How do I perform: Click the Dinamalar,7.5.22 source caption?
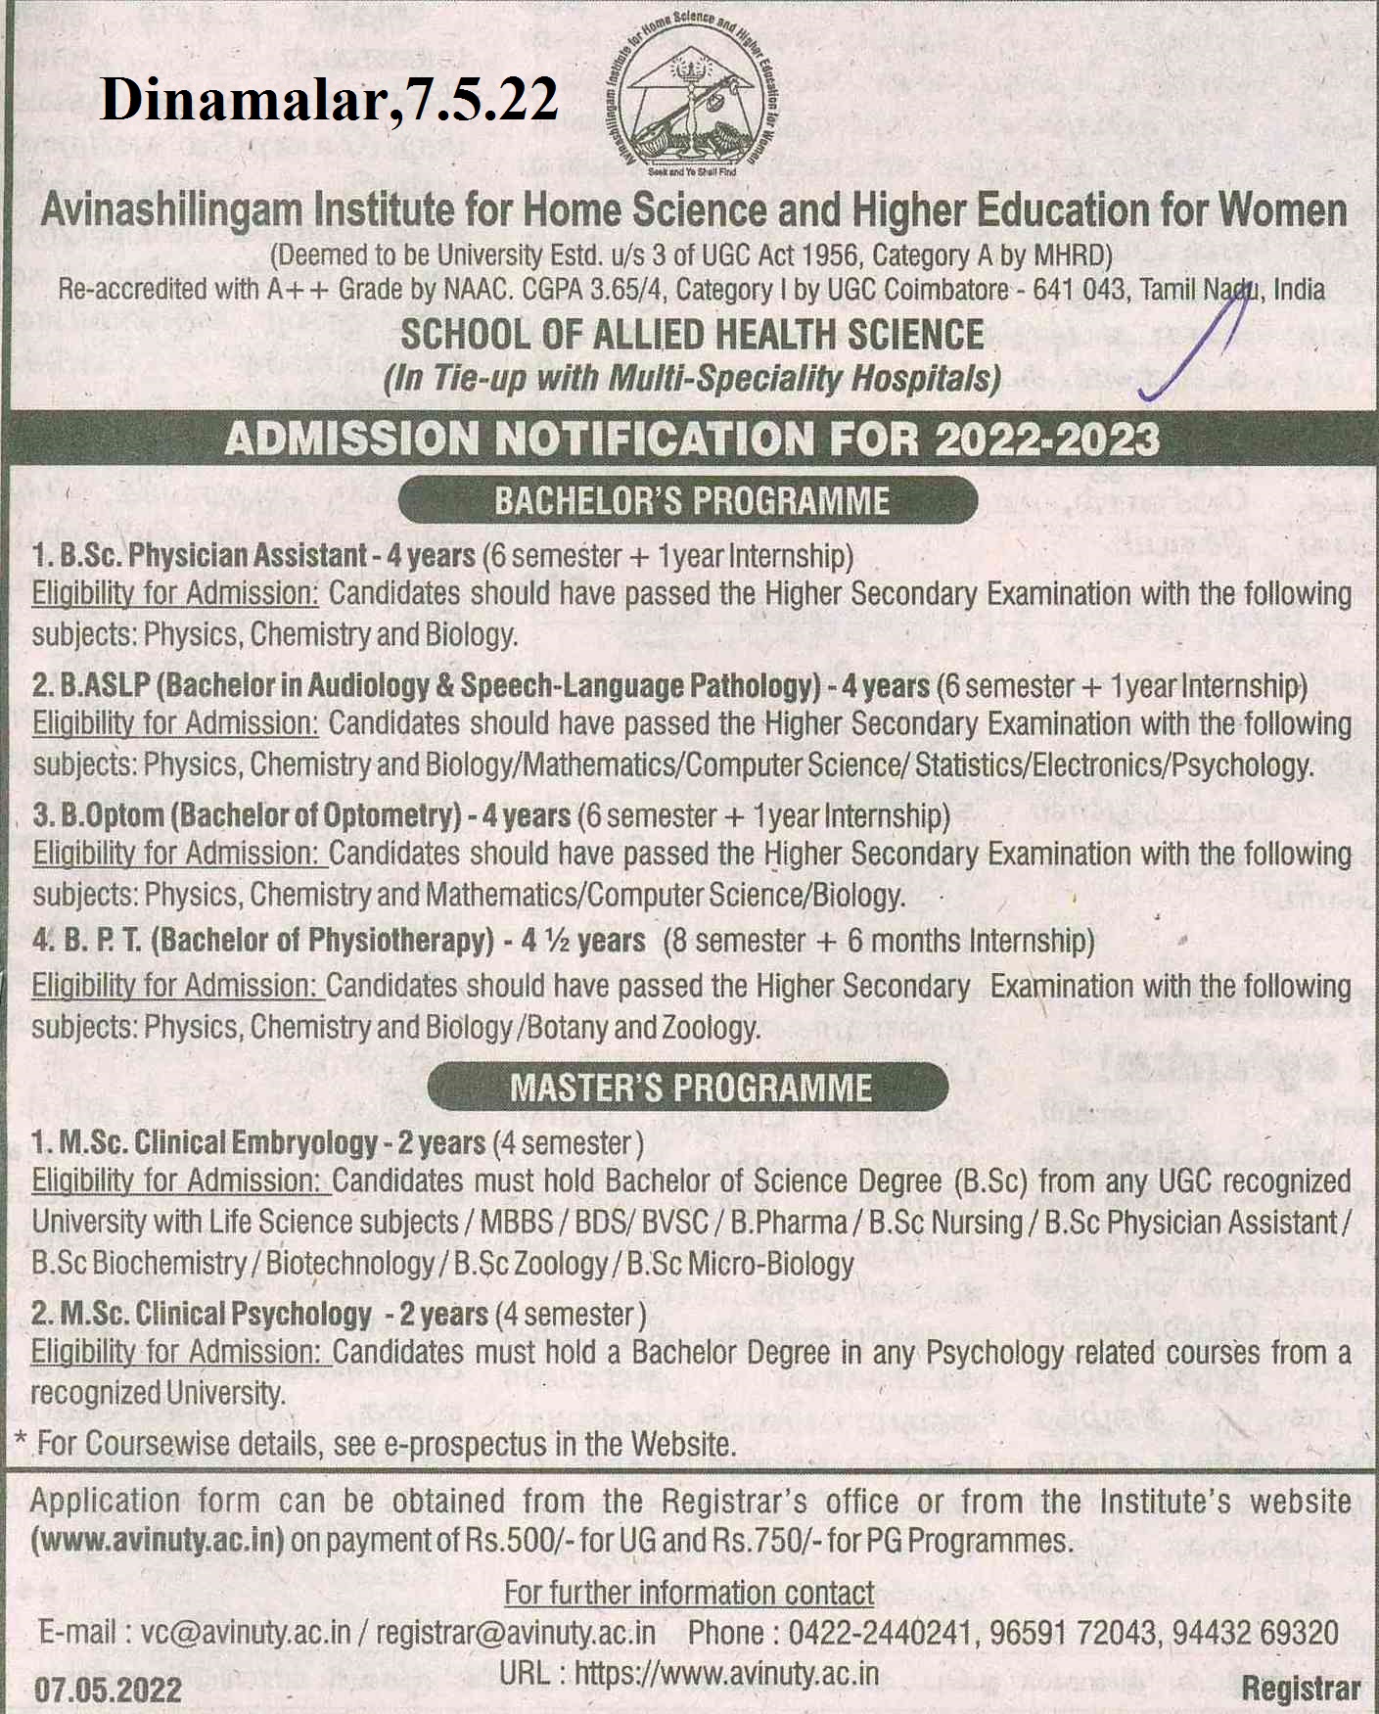coord(329,100)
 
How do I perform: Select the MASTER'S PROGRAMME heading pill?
coord(688,1088)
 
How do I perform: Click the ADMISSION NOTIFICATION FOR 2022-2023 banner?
coord(691,440)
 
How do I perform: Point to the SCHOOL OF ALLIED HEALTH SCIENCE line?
coord(692,335)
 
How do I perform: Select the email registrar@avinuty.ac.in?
coord(516,1633)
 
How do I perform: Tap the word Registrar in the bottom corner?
coord(1301,1689)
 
